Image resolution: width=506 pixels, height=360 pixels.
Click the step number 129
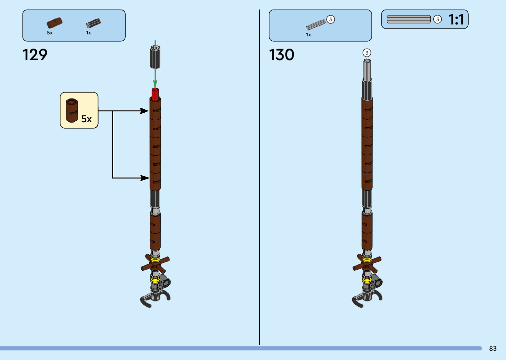(x=35, y=55)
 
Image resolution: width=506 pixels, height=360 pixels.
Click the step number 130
(x=282, y=55)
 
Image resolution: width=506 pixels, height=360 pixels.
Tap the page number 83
(x=493, y=348)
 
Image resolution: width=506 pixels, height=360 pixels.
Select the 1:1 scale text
(x=456, y=20)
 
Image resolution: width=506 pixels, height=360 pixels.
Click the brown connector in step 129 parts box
(x=54, y=23)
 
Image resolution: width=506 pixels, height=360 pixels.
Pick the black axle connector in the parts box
(x=93, y=23)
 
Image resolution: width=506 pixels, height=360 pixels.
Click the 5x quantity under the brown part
(x=50, y=33)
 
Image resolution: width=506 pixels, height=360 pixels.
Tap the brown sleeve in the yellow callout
(x=72, y=110)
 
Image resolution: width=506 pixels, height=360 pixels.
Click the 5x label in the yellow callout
(x=86, y=119)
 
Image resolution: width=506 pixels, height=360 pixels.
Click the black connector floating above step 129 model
(x=155, y=57)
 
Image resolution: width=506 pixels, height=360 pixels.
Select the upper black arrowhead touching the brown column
(x=145, y=111)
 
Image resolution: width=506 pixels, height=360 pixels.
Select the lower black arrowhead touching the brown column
(x=145, y=178)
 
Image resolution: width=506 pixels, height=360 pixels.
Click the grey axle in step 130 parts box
(x=316, y=25)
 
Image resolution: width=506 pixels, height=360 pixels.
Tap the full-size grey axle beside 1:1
(x=409, y=20)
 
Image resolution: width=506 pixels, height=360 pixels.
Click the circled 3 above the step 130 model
(x=367, y=53)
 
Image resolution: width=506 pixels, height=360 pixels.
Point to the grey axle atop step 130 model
(x=367, y=70)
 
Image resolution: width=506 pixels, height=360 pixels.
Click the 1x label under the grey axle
(x=308, y=35)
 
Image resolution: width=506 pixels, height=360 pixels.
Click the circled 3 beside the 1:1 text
(x=437, y=20)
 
